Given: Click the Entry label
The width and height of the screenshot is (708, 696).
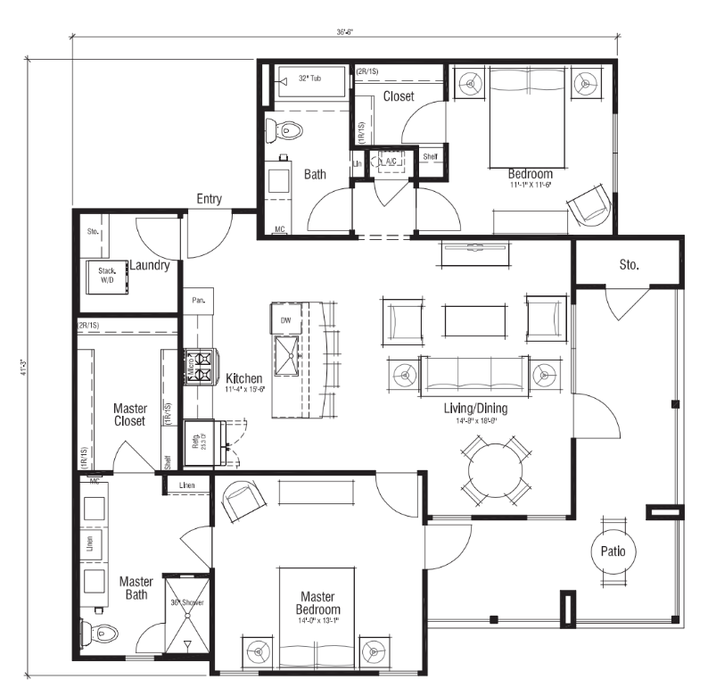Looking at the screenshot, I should point(209,199).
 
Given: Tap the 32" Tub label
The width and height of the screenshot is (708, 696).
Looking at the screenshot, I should point(309,79).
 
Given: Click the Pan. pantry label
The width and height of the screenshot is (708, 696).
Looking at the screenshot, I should point(197,301).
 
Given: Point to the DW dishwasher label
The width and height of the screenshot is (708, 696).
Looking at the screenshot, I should point(286,319).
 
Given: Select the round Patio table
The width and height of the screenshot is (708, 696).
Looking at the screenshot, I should point(613,551).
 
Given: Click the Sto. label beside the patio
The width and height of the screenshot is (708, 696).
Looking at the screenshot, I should point(630,264).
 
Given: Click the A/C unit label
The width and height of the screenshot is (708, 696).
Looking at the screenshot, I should point(391,161).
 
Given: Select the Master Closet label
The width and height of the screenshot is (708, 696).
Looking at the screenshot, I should point(130,415).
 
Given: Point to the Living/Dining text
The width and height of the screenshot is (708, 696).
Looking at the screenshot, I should point(475,408).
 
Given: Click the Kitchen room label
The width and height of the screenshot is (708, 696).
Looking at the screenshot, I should point(243,378).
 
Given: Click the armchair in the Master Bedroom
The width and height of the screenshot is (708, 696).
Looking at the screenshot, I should point(240,502).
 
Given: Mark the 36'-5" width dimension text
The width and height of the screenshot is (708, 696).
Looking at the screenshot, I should point(345,31).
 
